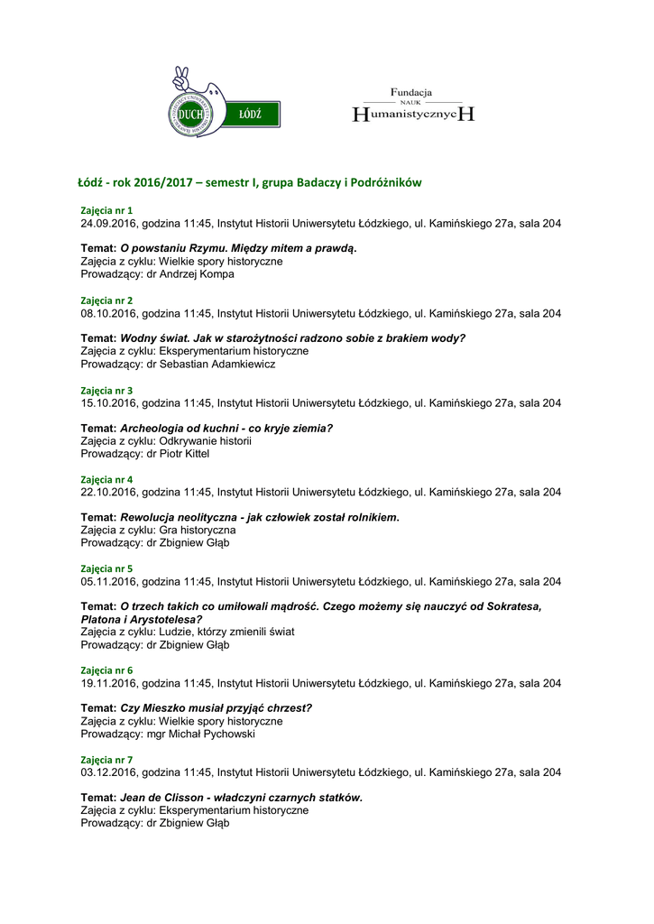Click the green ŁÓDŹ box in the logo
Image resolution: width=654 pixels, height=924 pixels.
250,115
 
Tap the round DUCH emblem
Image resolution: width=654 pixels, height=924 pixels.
190,114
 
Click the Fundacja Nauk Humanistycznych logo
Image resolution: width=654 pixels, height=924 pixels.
412,106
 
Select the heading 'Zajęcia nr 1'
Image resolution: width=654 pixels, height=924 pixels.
106,210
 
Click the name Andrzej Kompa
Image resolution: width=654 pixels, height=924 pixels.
199,274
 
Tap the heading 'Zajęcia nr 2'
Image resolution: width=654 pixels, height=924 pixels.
106,300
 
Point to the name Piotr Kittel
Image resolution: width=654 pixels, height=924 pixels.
185,454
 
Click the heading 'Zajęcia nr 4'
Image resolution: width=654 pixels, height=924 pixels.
106,479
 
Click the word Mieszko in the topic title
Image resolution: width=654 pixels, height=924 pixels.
162,708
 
